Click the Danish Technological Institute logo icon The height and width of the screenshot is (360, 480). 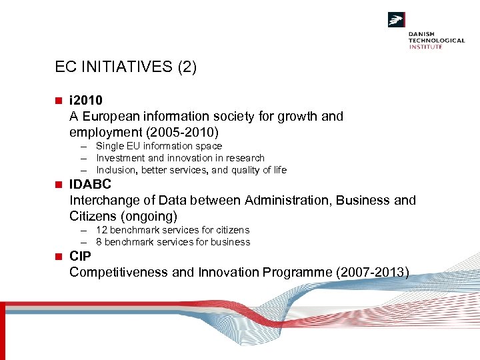point(397,20)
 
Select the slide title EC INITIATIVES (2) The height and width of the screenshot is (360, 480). point(126,67)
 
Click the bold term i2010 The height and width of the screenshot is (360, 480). point(86,101)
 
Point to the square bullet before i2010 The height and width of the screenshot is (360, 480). point(59,101)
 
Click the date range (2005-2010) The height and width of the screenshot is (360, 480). point(195,132)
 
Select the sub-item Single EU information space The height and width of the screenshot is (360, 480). point(159,146)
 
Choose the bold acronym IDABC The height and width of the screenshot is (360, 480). point(90,185)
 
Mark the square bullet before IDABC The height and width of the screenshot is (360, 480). point(59,185)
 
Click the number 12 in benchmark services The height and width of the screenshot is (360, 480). point(101,230)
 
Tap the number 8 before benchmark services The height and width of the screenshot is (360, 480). point(99,242)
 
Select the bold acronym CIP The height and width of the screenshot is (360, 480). point(81,257)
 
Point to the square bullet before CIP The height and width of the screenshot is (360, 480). point(59,257)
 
